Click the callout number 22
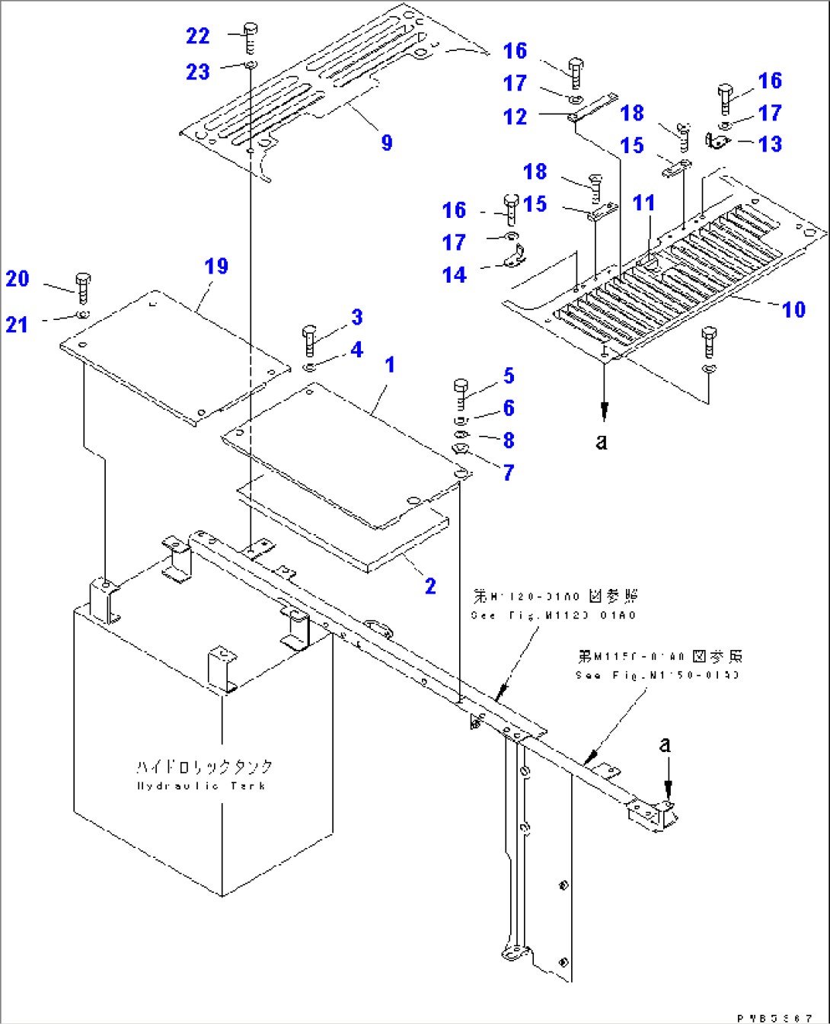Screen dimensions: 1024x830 pyautogui.click(x=198, y=36)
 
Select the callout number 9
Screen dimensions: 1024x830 pyautogui.click(x=387, y=142)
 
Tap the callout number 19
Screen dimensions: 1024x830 pyautogui.click(x=216, y=266)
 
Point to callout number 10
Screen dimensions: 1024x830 pyautogui.click(x=793, y=309)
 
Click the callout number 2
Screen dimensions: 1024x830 pyautogui.click(x=430, y=586)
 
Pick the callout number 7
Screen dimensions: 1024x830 pyautogui.click(x=509, y=472)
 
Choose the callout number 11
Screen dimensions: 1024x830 pyautogui.click(x=643, y=203)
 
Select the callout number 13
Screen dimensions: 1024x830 pyautogui.click(x=770, y=144)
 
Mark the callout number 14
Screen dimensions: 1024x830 pyautogui.click(x=454, y=275)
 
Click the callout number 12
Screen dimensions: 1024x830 pyautogui.click(x=515, y=117)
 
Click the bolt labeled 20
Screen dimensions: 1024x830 pyautogui.click(x=82, y=283)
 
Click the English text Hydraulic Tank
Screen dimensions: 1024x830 pyautogui.click(x=201, y=786)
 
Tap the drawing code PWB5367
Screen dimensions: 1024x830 pyautogui.click(x=774, y=1018)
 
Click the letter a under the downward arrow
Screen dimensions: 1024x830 pyautogui.click(x=602, y=442)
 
